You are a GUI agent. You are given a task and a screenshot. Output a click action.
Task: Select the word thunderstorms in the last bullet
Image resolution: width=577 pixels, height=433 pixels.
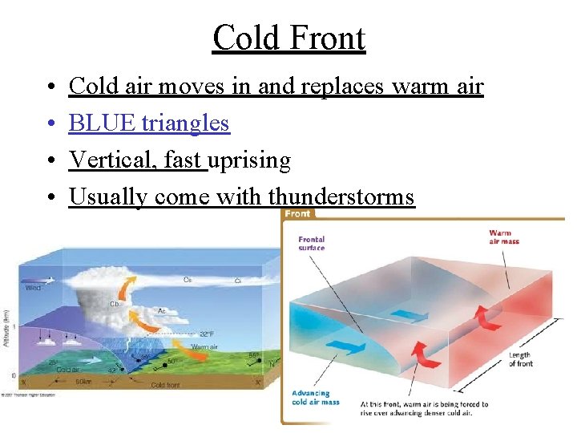[x=341, y=196]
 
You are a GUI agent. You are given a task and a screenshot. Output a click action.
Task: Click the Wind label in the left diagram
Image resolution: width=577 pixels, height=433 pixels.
[x=34, y=288]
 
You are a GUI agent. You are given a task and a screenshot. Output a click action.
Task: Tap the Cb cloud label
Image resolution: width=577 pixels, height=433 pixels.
[x=114, y=305]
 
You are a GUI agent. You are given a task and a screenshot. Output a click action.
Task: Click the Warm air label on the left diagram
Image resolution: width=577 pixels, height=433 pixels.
[x=206, y=347]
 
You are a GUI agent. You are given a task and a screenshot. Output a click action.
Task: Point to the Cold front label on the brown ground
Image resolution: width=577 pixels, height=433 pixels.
[x=167, y=385]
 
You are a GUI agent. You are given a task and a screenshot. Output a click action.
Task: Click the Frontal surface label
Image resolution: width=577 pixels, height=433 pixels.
[x=311, y=243]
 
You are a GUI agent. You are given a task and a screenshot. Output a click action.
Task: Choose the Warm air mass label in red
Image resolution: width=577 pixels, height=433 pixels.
[x=500, y=237]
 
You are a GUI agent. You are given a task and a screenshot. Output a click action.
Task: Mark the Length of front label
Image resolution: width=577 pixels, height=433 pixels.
[x=520, y=358]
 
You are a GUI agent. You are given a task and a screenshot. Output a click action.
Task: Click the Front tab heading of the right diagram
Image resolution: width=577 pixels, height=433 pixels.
[x=297, y=214]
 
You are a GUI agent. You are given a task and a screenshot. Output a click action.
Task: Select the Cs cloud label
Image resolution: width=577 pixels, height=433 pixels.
[x=187, y=280]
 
